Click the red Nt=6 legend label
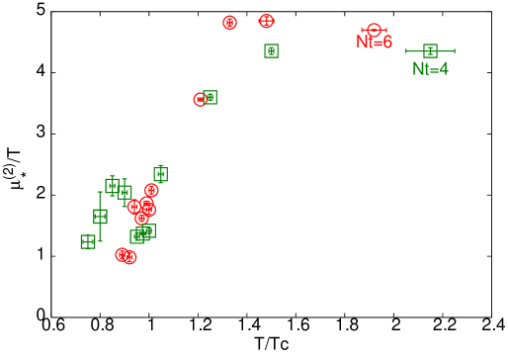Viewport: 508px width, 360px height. pyautogui.click(x=374, y=43)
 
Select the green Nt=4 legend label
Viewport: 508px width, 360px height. pyautogui.click(x=430, y=69)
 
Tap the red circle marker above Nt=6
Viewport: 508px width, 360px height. pyautogui.click(x=374, y=31)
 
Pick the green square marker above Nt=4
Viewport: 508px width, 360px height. pyautogui.click(x=430, y=50)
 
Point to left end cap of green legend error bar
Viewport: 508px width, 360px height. pyautogui.click(x=406, y=50)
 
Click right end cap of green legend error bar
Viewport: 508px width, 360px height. pyautogui.click(x=455, y=50)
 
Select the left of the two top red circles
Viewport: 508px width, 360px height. pyautogui.click(x=229, y=22)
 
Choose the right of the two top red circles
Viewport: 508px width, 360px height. pyautogui.click(x=266, y=21)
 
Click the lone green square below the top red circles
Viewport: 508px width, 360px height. pyautogui.click(x=271, y=50)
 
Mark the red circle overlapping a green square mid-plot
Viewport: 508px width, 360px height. pyautogui.click(x=200, y=99)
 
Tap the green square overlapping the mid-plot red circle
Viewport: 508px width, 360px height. pyautogui.click(x=210, y=97)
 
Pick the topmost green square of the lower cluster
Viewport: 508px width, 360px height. pyautogui.click(x=160, y=174)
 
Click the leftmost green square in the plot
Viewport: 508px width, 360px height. pyautogui.click(x=88, y=241)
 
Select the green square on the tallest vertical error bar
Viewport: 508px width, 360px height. pyautogui.click(x=100, y=216)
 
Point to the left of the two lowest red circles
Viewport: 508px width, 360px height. pyautogui.click(x=122, y=254)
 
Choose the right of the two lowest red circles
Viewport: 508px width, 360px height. pyautogui.click(x=129, y=257)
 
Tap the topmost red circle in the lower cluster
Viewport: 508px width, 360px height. pyautogui.click(x=151, y=190)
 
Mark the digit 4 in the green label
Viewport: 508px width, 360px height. pyautogui.click(x=443, y=69)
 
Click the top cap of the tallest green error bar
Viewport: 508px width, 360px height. pyautogui.click(x=100, y=192)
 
